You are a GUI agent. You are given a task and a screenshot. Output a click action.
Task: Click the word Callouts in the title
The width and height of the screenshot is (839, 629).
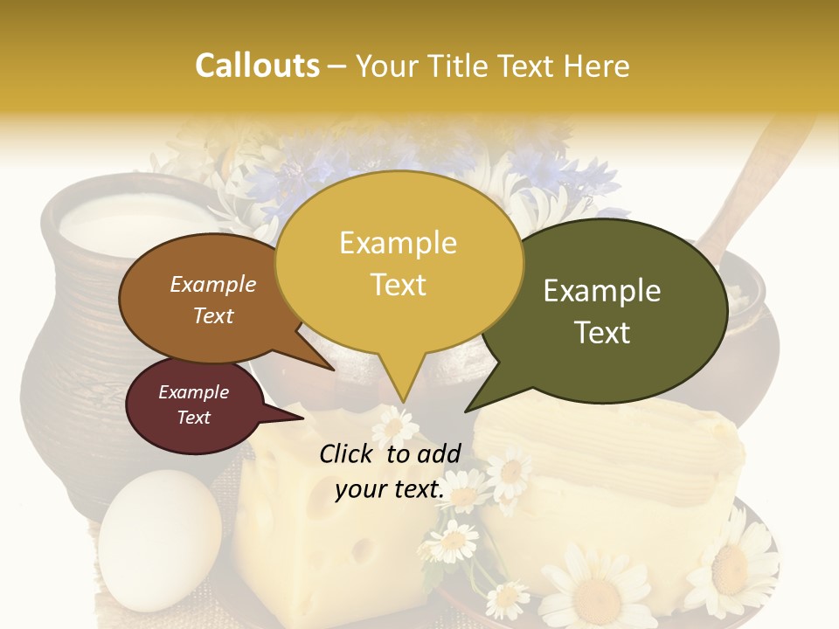pos(257,66)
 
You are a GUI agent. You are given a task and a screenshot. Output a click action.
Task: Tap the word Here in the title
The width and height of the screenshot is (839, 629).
pos(597,66)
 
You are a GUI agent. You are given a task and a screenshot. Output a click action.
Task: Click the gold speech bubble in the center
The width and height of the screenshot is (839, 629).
pos(399,262)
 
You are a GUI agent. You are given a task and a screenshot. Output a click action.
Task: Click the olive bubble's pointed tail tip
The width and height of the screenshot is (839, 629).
pos(466,411)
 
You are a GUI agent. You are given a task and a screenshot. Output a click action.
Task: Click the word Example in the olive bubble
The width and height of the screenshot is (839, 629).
pos(602,291)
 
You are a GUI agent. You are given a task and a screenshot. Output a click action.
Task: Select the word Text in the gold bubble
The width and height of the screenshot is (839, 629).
pos(399,285)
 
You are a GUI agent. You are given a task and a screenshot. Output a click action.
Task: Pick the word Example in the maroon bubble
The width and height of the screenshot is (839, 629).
pos(194,392)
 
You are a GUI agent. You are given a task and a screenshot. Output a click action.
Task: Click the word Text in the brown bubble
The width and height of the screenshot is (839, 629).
pos(213,316)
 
